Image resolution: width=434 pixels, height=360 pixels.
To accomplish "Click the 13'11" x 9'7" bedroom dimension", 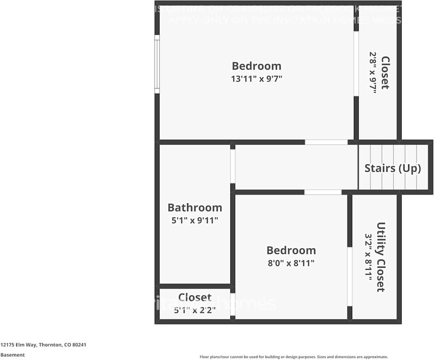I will pos(256,79).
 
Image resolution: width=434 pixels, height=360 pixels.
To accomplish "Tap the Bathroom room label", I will pos(195,208).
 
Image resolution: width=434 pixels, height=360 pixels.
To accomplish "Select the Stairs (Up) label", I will pos(393,168).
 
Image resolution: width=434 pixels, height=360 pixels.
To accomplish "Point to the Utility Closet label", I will pos(381,257).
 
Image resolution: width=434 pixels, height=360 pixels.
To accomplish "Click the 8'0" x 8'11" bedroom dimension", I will pos(291,263).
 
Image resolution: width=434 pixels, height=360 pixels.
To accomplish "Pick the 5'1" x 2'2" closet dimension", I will pos(195,310).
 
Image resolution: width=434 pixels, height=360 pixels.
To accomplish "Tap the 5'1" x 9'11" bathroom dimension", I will pos(195,220).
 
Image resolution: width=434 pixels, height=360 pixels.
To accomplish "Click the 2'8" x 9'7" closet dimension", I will pos(373,73).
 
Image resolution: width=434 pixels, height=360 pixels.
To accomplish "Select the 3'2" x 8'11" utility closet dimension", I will pos(368,257).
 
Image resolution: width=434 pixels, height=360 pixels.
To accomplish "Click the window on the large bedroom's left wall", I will pos(157,64).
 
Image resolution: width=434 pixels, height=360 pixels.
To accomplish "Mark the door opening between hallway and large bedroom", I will pos(326,142).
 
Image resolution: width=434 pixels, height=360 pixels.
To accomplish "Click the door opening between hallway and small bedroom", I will pos(323,192).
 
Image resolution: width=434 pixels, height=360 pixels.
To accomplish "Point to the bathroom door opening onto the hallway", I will pos(233,166).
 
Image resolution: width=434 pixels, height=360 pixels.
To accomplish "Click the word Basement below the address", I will pos(13,355).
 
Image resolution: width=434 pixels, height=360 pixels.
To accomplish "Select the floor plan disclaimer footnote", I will pos(294,357).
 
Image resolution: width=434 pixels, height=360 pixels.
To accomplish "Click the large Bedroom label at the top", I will pos(256,66).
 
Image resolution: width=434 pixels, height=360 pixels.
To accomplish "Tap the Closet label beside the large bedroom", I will pos(385,73).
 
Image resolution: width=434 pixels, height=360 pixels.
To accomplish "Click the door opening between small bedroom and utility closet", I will pos(350,276).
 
